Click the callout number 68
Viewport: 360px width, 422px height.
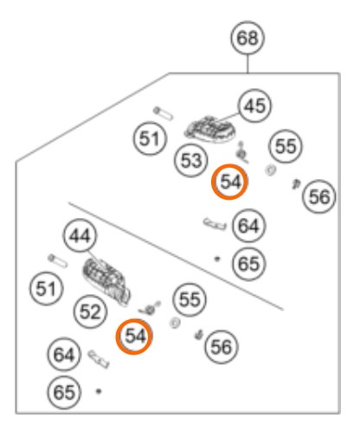[247, 38]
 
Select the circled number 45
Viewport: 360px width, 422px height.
[254, 105]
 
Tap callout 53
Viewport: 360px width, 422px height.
[191, 160]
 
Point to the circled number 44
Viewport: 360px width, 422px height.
[80, 236]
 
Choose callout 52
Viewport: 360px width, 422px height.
[90, 311]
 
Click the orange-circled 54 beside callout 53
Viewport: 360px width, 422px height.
[229, 182]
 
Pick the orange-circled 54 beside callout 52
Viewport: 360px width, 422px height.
[134, 336]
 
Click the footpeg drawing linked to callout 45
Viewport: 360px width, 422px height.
[210, 130]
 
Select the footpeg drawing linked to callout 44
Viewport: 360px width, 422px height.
[106, 281]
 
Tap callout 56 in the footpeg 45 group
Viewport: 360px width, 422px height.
[319, 197]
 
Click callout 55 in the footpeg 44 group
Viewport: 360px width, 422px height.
[190, 299]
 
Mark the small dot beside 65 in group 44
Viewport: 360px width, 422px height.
[99, 391]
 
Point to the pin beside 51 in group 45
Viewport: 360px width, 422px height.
[163, 113]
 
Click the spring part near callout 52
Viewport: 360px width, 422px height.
[150, 309]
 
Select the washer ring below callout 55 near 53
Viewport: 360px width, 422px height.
[270, 169]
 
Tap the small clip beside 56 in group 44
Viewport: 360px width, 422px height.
[199, 335]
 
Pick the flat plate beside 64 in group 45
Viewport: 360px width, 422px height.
[215, 224]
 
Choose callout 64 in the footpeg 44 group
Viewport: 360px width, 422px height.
[64, 354]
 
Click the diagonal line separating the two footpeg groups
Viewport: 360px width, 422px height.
[176, 256]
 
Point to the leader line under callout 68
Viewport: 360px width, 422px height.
[247, 63]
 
